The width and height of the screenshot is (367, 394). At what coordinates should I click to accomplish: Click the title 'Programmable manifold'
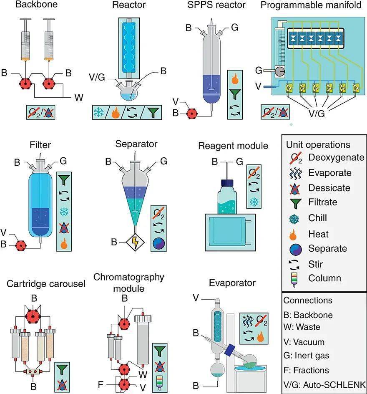tap(312, 5)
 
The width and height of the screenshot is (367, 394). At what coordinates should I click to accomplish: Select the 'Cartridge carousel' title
tap(46, 284)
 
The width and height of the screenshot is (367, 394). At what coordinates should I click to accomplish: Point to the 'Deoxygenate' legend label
tap(337, 158)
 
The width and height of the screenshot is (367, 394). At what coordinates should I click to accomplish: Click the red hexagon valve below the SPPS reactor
tap(192, 113)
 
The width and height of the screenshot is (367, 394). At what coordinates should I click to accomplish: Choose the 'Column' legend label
tap(325, 278)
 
